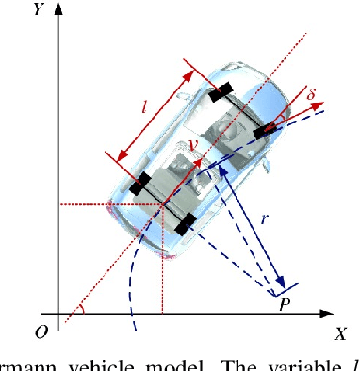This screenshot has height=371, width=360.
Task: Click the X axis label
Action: (341, 331)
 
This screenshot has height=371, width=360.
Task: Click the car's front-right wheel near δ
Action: (267, 132)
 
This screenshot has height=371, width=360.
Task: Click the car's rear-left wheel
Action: (141, 184)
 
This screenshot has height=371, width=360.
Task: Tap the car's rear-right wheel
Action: (187, 224)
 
